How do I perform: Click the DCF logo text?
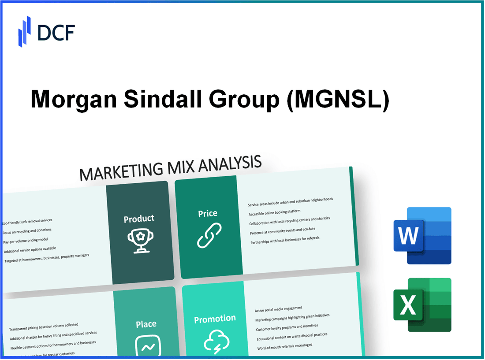click(x=56, y=32)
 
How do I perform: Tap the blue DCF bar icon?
click(x=24, y=31)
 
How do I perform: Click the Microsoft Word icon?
click(x=422, y=236)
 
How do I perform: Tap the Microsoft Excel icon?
click(x=422, y=304)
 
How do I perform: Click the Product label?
click(x=139, y=219)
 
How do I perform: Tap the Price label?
click(x=208, y=213)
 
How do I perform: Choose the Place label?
click(x=146, y=324)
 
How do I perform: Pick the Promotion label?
click(x=215, y=319)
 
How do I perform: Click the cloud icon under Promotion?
click(x=216, y=341)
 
